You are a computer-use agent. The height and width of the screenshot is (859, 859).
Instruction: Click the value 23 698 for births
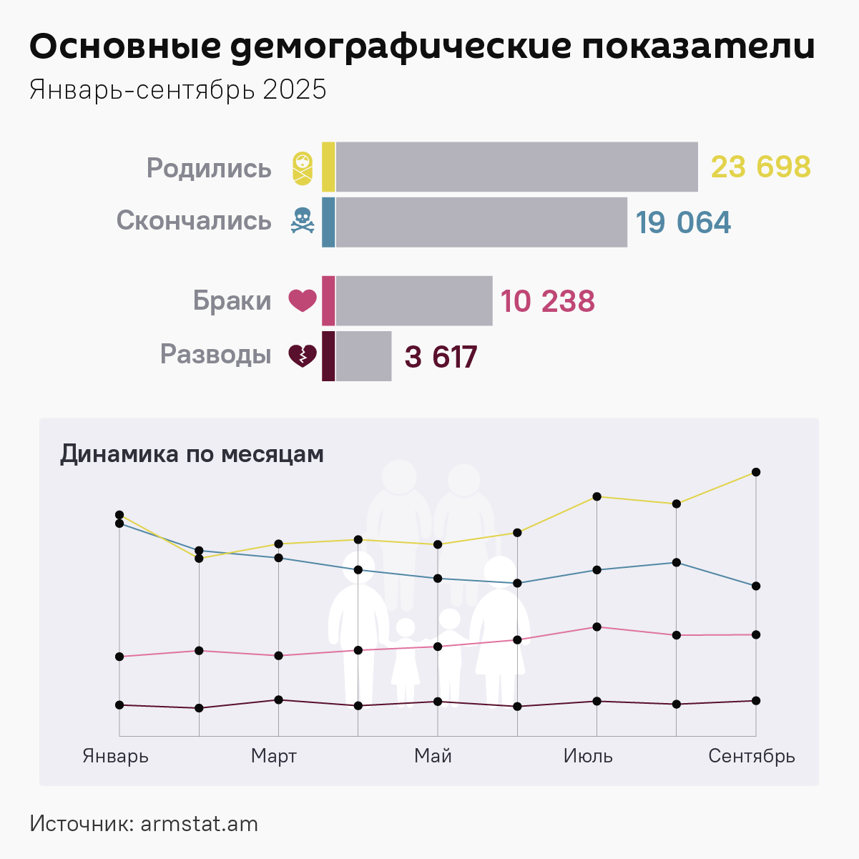point(760,167)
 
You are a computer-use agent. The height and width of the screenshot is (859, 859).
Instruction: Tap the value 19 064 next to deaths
point(683,222)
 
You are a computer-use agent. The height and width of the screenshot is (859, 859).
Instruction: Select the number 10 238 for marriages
point(547,301)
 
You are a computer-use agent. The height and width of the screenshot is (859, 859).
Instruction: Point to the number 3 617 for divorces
point(441,357)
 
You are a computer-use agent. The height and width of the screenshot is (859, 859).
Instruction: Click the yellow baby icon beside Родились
point(303,168)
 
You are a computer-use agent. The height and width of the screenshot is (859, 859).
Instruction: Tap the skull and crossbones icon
point(303,221)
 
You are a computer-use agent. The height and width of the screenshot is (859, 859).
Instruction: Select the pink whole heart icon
point(303,300)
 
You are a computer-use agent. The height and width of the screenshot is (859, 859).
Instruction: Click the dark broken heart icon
point(303,355)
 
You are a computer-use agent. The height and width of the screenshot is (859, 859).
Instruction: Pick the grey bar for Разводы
point(363,356)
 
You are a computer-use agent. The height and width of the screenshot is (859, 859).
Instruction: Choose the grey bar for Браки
point(413,301)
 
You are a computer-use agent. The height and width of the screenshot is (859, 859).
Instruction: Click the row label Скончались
point(194,220)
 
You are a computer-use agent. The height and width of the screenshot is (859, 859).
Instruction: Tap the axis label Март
point(274,756)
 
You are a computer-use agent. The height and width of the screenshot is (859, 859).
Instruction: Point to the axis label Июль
point(588,756)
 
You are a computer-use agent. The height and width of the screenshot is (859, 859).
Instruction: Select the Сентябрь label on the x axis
point(751,756)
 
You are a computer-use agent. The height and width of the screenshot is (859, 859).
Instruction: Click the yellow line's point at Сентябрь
point(756,472)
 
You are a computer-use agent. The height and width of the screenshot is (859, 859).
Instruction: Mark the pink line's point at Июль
point(597,627)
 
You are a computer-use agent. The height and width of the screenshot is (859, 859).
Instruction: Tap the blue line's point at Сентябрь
point(756,586)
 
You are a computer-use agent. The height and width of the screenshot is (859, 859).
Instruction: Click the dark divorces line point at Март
point(278,700)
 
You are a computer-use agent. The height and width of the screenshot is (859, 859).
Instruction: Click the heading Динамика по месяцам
point(192,454)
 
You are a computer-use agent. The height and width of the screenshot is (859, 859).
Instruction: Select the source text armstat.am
point(199,824)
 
